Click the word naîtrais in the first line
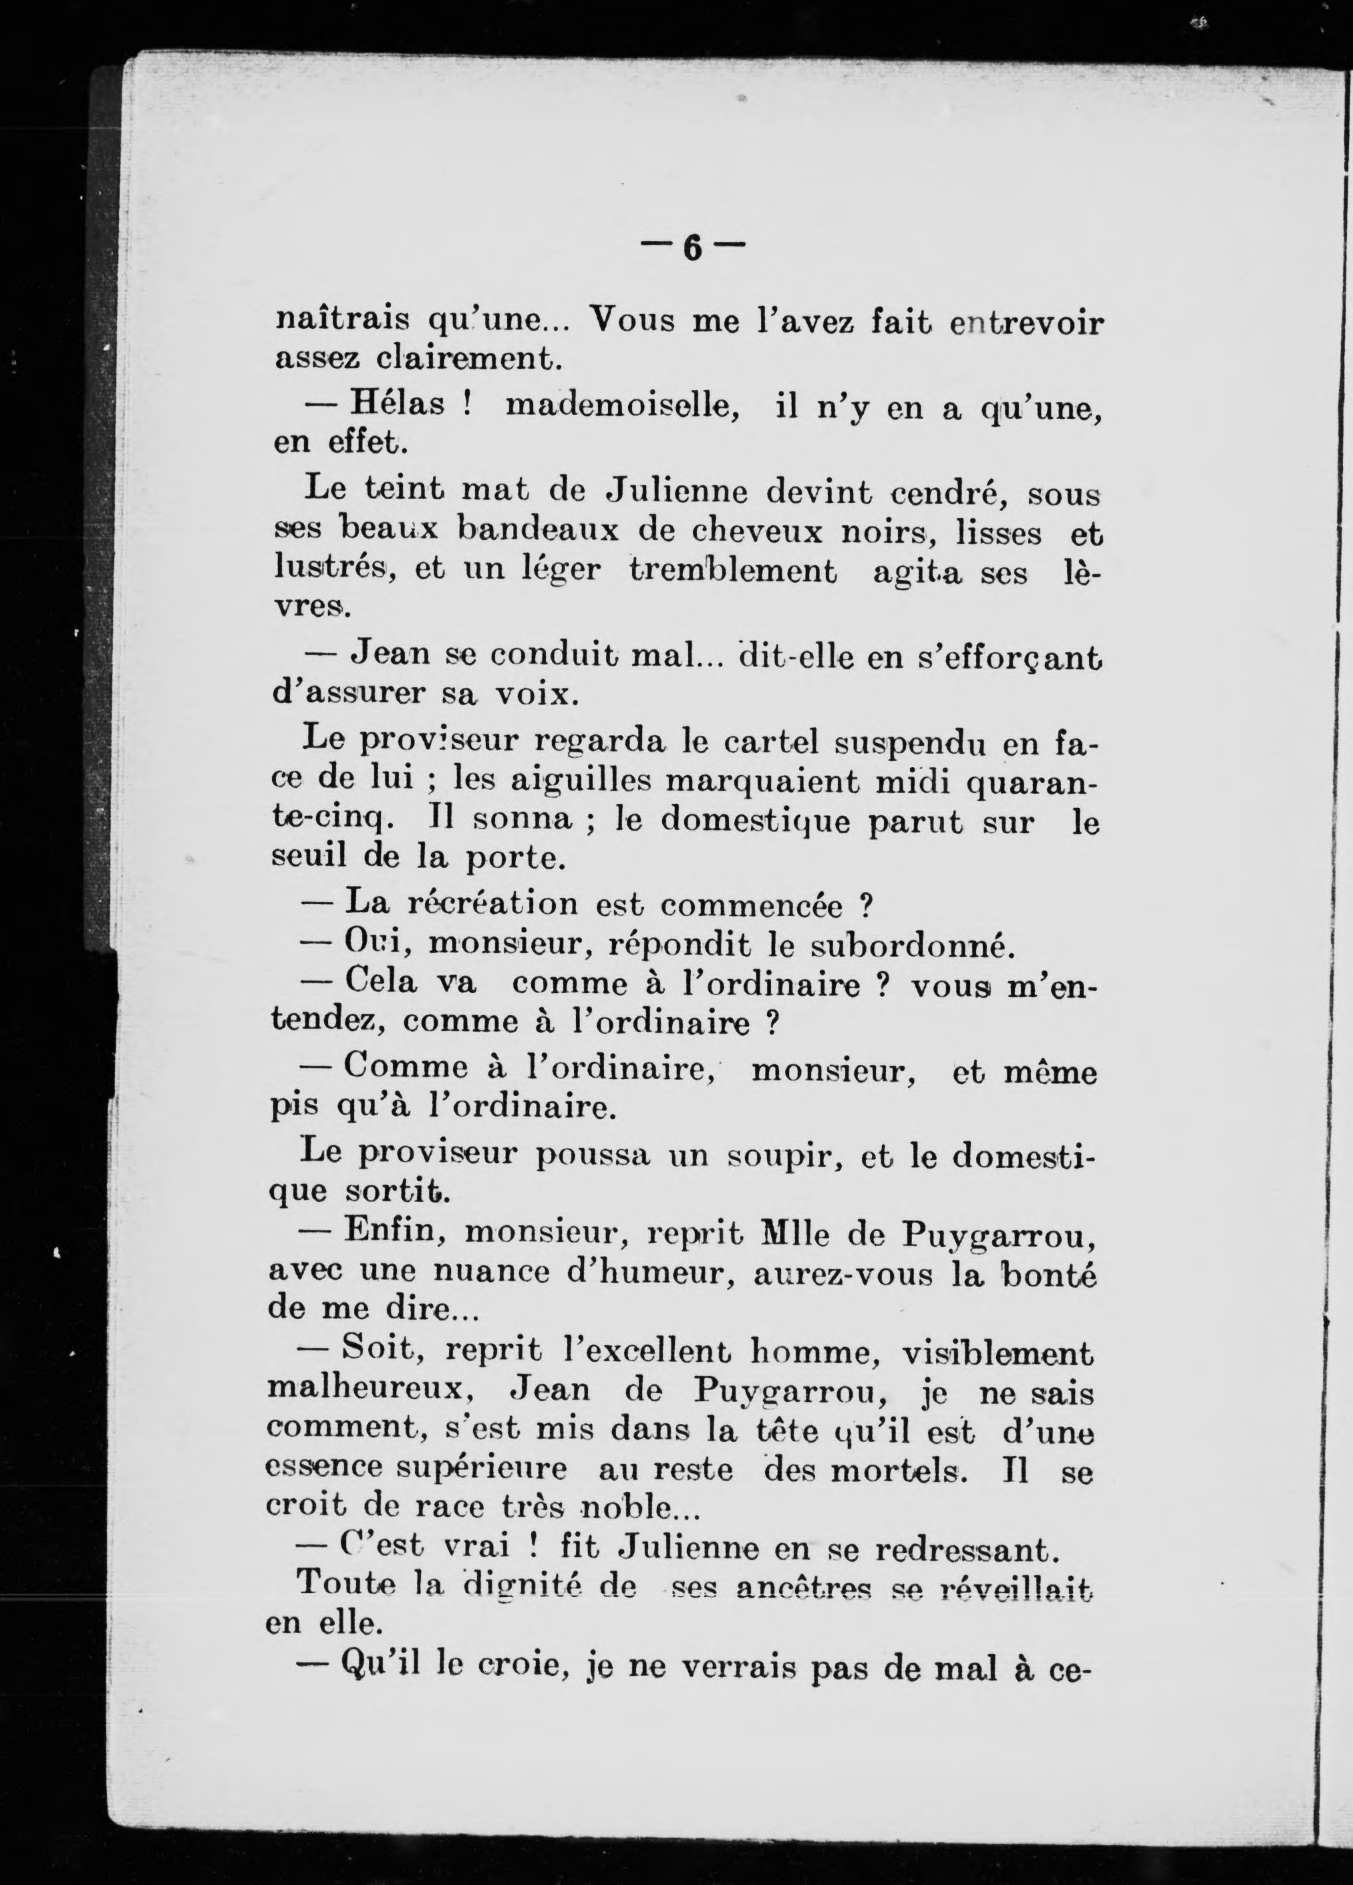click(x=342, y=320)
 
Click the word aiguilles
click(x=579, y=781)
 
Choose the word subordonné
click(x=913, y=944)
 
